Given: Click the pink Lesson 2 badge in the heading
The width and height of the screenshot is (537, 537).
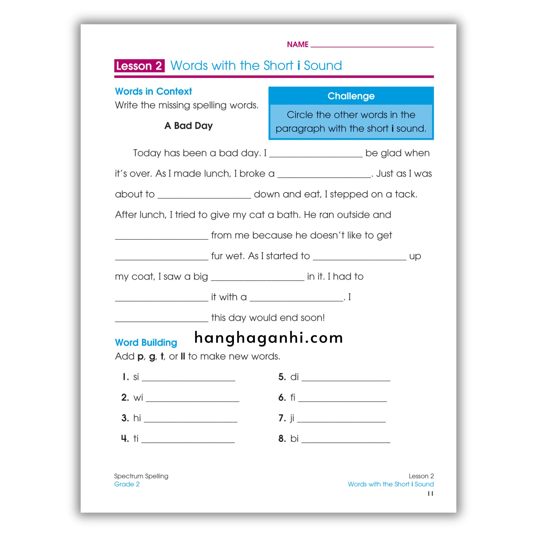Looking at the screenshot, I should [139, 66].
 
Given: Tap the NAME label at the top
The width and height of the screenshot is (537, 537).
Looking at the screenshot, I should [297, 45].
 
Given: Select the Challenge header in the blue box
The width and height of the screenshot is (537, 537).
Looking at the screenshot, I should [351, 96].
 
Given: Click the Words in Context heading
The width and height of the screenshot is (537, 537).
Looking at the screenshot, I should [153, 92].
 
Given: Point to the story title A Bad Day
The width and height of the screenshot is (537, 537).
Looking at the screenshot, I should [189, 126].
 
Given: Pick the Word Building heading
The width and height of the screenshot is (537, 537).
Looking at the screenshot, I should [146, 342].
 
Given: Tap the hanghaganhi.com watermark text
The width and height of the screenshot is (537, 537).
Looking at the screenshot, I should [268, 338].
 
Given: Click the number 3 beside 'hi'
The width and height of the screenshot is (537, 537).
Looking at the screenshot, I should [125, 418].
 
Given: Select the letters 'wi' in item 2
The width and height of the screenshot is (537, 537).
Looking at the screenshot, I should [138, 398].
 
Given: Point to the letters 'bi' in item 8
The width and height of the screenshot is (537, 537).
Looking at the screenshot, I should [294, 439].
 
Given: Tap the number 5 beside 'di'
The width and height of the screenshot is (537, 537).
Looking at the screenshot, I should [282, 377].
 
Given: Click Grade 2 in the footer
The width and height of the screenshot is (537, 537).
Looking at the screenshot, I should [127, 484].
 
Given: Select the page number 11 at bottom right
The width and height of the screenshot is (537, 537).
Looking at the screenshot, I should [430, 493].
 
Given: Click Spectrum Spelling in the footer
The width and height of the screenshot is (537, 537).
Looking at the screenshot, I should [141, 476].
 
